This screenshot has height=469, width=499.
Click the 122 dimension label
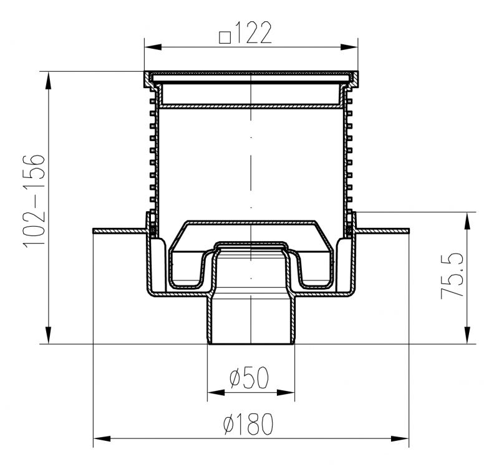click(254, 32)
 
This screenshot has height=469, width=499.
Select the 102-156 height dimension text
click(34, 200)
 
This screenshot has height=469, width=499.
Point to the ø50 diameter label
click(249, 378)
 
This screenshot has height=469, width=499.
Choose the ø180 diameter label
click(248, 424)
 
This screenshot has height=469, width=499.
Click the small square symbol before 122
click(225, 37)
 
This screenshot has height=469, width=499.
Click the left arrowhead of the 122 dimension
click(153, 47)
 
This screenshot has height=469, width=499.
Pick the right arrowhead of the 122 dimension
click(349, 47)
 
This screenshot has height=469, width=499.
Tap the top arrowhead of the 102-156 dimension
click(49, 81)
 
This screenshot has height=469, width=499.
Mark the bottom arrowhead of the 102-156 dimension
click(49, 335)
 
